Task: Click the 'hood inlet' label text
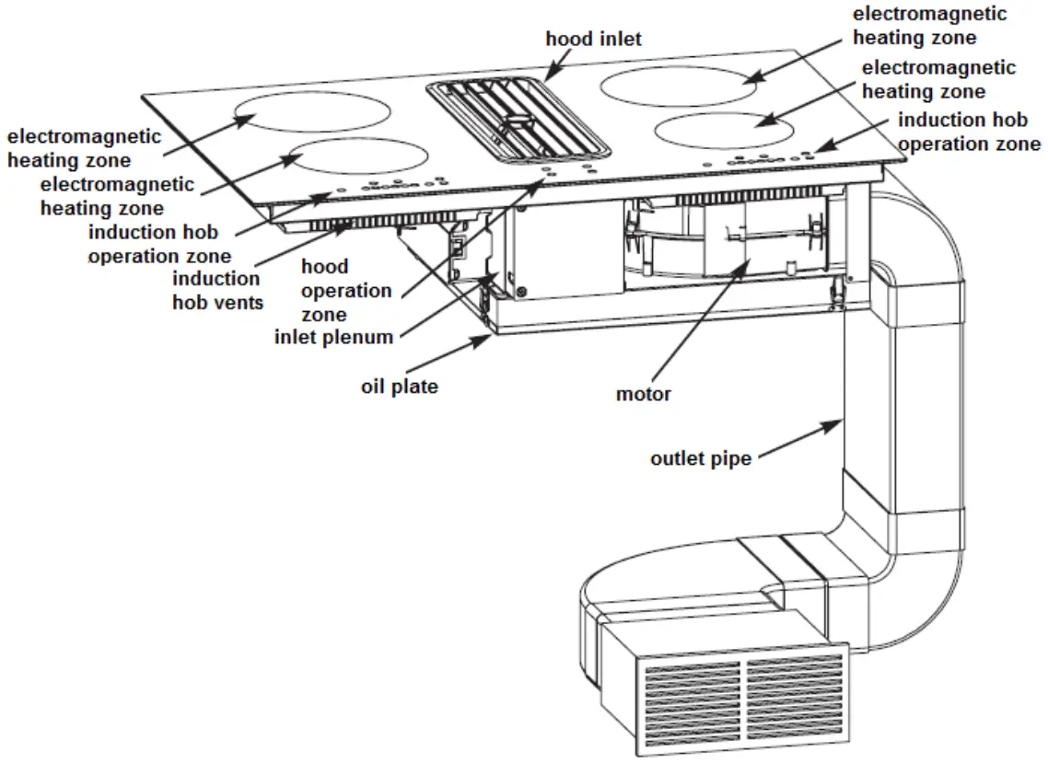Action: coord(593,39)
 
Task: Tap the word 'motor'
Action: coord(644,395)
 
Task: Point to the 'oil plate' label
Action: coord(399,387)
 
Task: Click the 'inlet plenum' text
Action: coord(333,337)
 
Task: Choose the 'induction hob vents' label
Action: coord(216,290)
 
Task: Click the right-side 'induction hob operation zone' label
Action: coord(969,132)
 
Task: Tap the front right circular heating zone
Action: coord(727,131)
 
